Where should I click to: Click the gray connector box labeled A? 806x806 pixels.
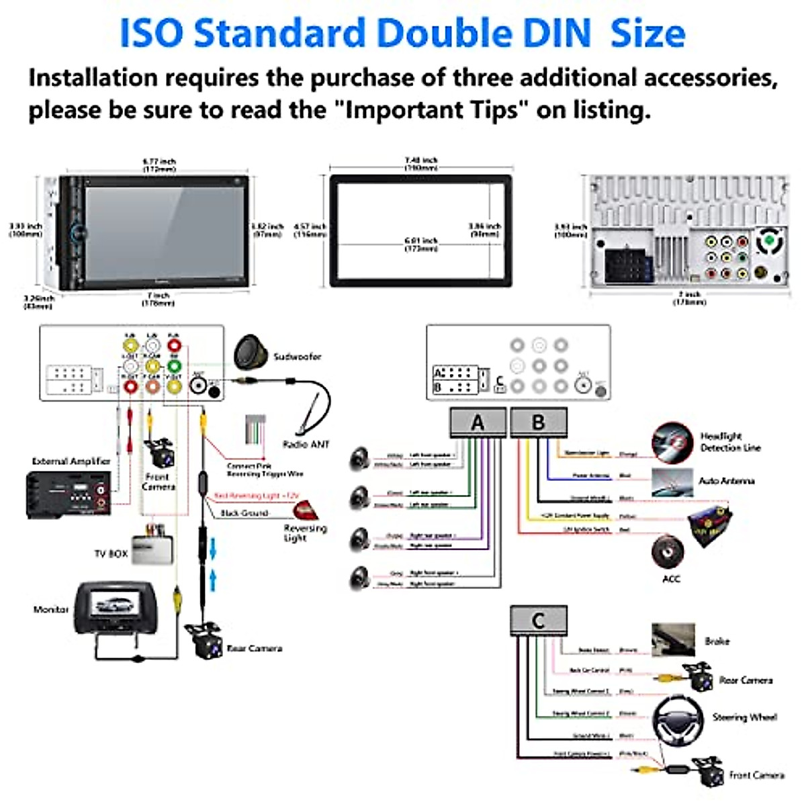tap(478, 422)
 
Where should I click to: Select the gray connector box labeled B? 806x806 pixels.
tap(539, 422)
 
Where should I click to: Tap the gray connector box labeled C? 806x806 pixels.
tap(538, 621)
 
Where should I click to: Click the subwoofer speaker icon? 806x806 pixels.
tap(251, 351)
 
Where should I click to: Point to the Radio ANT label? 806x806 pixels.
tap(306, 445)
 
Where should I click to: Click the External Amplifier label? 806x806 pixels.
tap(71, 461)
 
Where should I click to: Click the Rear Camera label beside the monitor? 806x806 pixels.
tap(255, 649)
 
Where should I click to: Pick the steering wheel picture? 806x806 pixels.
tap(678, 718)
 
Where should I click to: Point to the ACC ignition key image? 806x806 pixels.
tap(668, 551)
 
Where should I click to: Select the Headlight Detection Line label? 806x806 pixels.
tap(730, 442)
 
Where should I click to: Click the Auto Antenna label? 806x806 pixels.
tap(727, 481)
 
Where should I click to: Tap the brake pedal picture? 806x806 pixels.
tap(673, 639)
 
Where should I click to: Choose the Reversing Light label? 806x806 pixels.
tap(305, 533)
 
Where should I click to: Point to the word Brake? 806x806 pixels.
tap(717, 641)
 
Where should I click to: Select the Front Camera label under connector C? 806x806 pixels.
tap(757, 776)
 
